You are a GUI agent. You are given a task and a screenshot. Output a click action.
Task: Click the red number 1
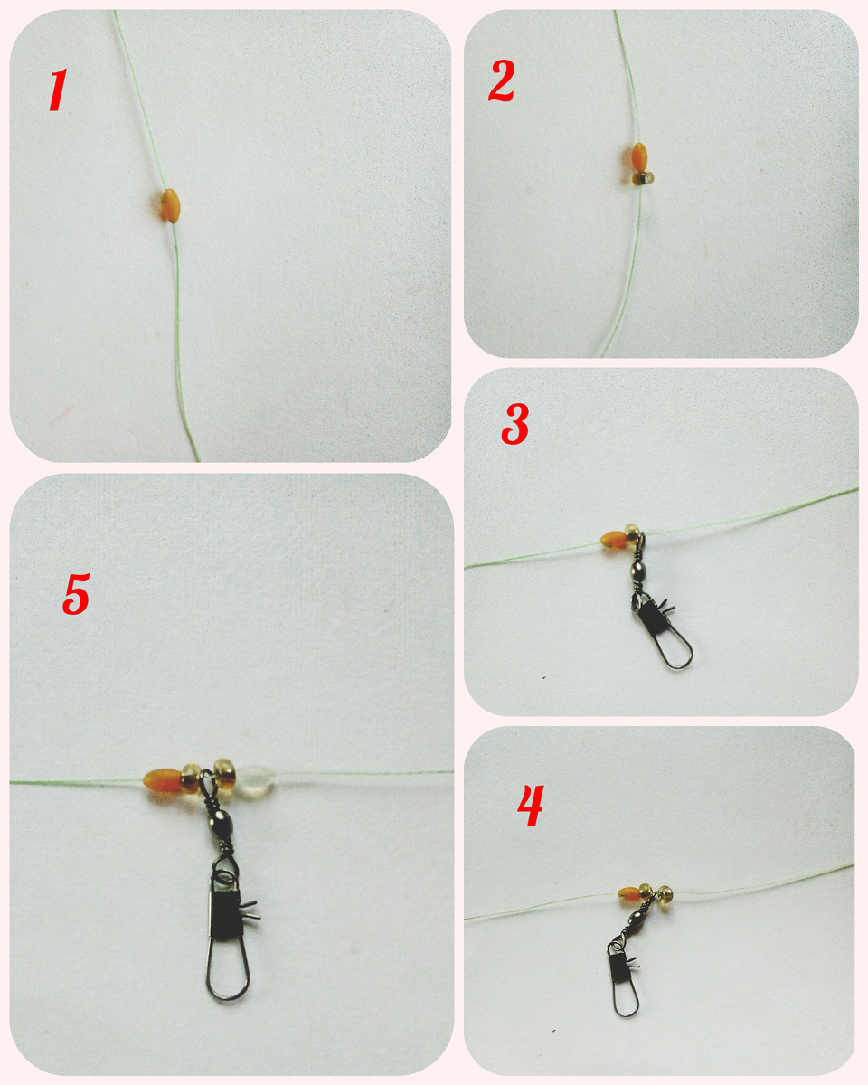point(58,90)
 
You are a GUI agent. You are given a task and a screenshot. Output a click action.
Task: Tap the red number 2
point(501,80)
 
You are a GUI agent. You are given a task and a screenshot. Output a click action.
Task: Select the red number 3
point(515,424)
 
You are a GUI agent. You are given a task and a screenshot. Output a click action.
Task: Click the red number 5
point(76,593)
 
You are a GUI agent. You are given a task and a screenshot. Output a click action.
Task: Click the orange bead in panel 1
point(169,206)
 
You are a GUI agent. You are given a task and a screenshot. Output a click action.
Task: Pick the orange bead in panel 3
point(612,539)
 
